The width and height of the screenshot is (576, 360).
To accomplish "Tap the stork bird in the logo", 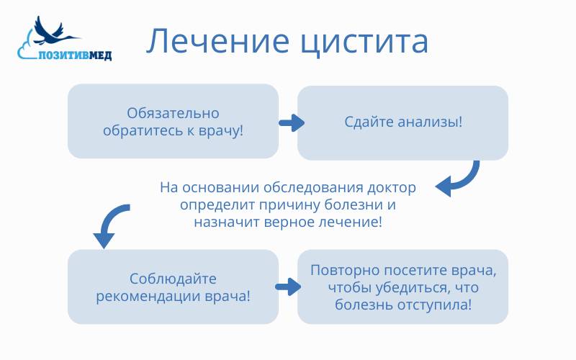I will [x=54, y=31].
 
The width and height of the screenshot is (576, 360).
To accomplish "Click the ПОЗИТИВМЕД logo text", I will [x=75, y=55].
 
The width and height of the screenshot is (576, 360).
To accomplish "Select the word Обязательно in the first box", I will [x=173, y=113].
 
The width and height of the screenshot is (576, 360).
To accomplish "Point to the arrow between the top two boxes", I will [x=290, y=123].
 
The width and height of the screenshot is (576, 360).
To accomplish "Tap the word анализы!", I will [x=432, y=122].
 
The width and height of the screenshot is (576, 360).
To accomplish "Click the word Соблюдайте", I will [x=173, y=279].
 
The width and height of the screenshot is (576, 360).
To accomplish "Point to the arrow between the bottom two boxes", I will [x=287, y=287].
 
